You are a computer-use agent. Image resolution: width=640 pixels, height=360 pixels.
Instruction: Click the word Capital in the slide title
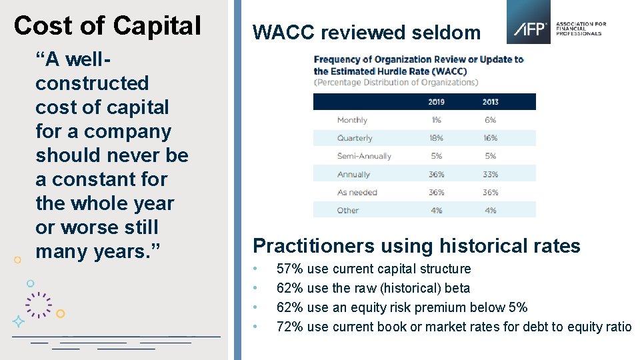click(x=157, y=26)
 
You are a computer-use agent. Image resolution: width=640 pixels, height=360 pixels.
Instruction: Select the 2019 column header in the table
click(x=436, y=102)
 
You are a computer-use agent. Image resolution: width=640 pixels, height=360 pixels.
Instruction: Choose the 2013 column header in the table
click(x=490, y=102)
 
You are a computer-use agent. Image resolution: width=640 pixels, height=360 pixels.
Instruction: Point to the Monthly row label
click(x=352, y=120)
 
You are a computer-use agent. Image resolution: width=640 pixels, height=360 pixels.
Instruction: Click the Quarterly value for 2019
click(x=436, y=138)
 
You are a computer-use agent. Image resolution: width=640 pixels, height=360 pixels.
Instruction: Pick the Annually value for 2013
click(x=490, y=174)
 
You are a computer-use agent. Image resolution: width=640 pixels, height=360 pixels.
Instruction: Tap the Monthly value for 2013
click(x=490, y=120)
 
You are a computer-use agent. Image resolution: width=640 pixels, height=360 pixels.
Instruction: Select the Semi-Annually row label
click(x=364, y=156)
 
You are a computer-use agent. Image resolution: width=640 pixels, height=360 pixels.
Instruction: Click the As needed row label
click(x=357, y=192)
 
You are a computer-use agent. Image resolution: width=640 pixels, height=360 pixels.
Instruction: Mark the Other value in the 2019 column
click(x=436, y=210)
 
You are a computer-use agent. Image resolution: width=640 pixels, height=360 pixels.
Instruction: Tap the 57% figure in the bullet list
click(x=289, y=269)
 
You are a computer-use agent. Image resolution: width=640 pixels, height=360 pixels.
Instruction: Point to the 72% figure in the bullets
click(x=289, y=327)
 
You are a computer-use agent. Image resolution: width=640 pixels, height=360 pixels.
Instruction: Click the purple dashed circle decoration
click(x=39, y=305)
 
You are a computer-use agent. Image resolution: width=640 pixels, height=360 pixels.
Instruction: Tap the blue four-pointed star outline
click(x=19, y=321)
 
